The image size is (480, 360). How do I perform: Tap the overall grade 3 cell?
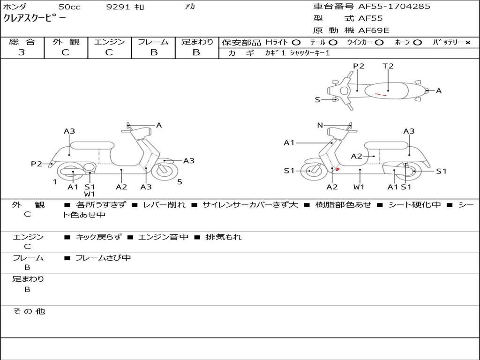pyautogui.click(x=22, y=52)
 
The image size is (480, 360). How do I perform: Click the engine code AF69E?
pyautogui.click(x=374, y=30)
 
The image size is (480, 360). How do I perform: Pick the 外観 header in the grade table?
pyautogui.click(x=66, y=42)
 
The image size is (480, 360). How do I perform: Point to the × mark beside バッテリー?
pyautogui.click(x=467, y=43)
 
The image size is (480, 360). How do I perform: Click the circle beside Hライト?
pyautogui.click(x=296, y=43)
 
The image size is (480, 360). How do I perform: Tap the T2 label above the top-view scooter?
pyautogui.click(x=388, y=66)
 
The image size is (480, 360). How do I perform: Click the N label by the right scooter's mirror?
pyautogui.click(x=320, y=125)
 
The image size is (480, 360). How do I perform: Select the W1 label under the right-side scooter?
pyautogui.click(x=359, y=187)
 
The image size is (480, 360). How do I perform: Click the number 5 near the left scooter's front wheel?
pyautogui.click(x=180, y=182)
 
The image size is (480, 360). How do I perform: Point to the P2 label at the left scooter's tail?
pyautogui.click(x=37, y=164)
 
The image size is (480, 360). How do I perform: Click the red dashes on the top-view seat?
pyautogui.click(x=381, y=95)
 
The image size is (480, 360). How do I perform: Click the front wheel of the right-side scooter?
pyautogui.click(x=311, y=171)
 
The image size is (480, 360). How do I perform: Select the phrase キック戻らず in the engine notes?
pyautogui.click(x=98, y=237)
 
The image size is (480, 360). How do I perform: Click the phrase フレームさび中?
pyautogui.click(x=103, y=258)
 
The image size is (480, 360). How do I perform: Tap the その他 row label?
pyautogui.click(x=29, y=311)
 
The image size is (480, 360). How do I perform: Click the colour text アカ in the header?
pyautogui.click(x=190, y=7)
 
